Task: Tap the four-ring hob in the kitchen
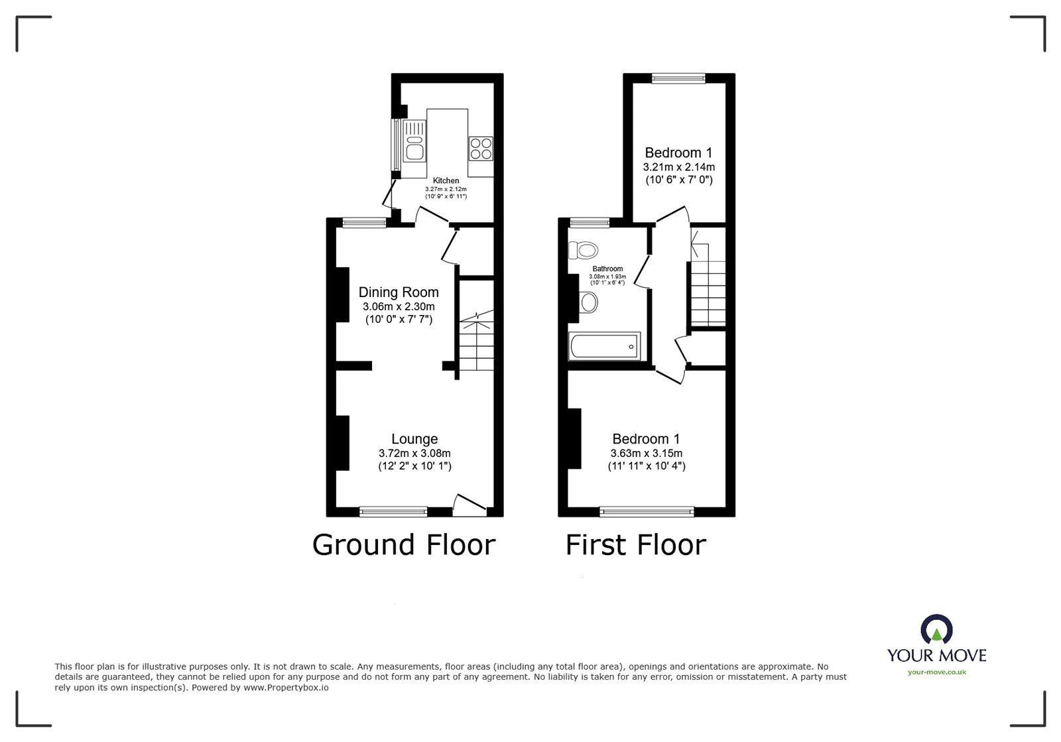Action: coord(481,149)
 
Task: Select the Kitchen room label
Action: coord(446,180)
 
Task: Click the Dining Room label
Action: coord(399,292)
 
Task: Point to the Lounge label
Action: coord(414,439)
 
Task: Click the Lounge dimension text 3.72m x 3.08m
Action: coord(414,453)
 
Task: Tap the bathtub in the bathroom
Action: coord(604,346)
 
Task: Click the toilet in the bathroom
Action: coord(583,249)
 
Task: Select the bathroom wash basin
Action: coord(588,302)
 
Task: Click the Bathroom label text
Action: coord(607,269)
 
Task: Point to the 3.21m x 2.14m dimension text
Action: coord(679,167)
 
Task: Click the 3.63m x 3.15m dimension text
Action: coord(647,453)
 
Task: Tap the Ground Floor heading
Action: coord(404,545)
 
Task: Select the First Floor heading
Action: coord(636,545)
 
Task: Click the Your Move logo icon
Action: coord(936,629)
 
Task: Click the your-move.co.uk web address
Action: coord(937,672)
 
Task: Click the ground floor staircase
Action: coord(477,340)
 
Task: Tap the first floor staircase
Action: coord(708,284)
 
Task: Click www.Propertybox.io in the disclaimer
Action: coord(286,688)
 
